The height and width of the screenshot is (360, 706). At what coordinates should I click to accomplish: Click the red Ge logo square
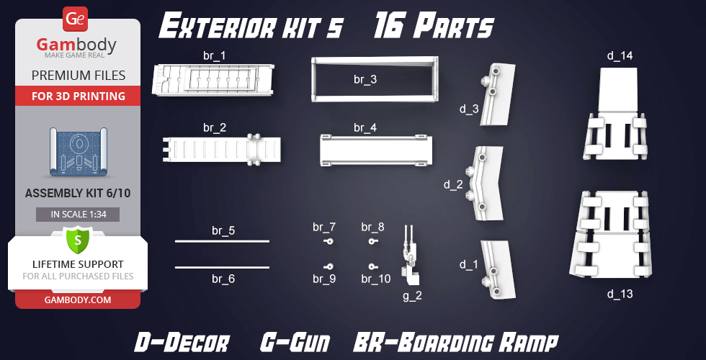(x=75, y=19)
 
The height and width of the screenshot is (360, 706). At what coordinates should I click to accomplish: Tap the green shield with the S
(x=78, y=240)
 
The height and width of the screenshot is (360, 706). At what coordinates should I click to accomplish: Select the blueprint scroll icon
(x=79, y=152)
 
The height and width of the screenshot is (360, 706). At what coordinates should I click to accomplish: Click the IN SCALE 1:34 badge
(x=78, y=215)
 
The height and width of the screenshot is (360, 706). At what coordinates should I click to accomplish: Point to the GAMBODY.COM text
(x=78, y=300)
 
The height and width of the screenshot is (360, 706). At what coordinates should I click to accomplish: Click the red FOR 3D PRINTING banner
(x=78, y=96)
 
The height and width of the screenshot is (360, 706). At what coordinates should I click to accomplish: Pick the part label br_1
(x=215, y=56)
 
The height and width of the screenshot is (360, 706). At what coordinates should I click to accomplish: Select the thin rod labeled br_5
(x=222, y=241)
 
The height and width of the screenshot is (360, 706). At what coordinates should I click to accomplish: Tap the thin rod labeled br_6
(x=222, y=267)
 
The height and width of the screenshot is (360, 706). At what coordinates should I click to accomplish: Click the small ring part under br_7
(x=329, y=242)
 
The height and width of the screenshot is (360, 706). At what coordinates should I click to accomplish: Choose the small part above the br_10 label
(x=372, y=266)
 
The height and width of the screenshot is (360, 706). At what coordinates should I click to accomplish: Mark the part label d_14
(x=620, y=56)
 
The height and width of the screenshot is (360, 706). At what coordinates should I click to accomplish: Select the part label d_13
(x=620, y=294)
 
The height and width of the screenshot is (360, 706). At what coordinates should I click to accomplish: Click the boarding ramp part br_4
(x=376, y=150)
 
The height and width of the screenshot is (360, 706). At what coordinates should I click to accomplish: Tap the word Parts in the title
(x=453, y=28)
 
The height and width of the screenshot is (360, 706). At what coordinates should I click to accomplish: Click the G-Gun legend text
(x=295, y=343)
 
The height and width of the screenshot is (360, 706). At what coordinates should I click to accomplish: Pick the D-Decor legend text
(x=182, y=343)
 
